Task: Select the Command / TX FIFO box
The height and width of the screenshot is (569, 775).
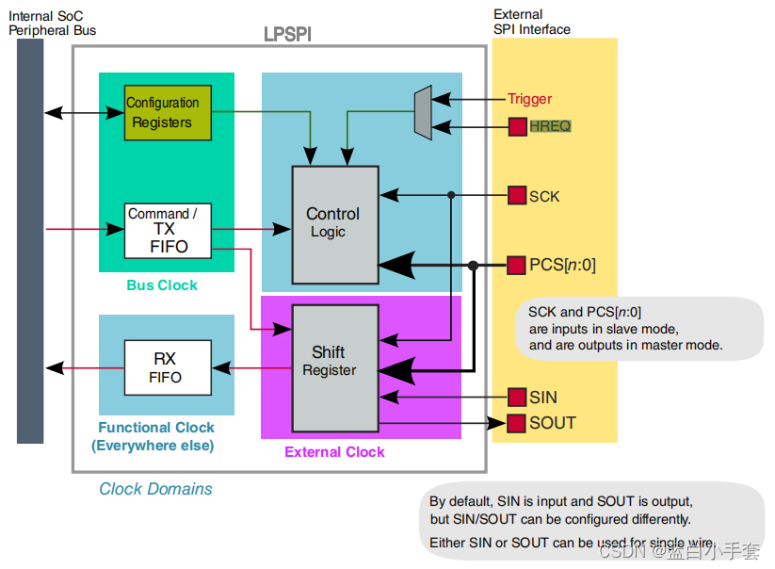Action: (168, 231)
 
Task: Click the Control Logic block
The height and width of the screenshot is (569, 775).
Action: (335, 222)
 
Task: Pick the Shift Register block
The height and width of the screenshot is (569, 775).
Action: (335, 368)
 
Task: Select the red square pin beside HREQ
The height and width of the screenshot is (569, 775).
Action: (517, 126)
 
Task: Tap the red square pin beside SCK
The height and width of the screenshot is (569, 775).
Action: (517, 196)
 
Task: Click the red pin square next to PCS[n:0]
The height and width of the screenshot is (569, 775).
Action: (517, 266)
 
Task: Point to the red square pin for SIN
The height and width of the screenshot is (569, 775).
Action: (517, 398)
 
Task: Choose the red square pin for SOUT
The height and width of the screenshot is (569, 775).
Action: (517, 423)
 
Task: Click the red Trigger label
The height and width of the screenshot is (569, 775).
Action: (529, 99)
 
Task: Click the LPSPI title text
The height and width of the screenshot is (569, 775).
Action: (287, 35)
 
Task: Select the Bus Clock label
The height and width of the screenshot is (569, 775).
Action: (162, 285)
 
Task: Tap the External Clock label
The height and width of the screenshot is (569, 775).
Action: (334, 452)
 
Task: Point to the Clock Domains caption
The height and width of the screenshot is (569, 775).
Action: (155, 489)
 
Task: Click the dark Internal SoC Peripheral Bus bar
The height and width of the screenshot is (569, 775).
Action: (30, 240)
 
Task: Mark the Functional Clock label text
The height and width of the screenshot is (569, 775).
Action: (155, 428)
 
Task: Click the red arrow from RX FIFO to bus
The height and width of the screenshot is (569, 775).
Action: (85, 368)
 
